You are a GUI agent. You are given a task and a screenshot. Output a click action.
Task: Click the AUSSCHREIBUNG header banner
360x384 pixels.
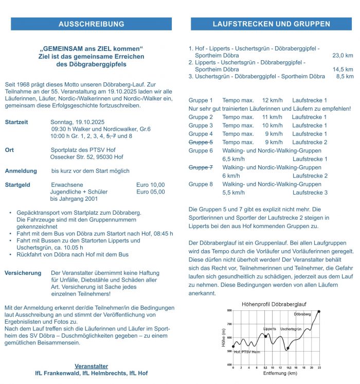pos(91,24)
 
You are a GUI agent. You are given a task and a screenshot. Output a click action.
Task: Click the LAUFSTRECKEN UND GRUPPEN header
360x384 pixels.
pos(271,24)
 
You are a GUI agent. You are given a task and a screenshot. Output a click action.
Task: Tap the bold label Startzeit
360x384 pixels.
pos(16,122)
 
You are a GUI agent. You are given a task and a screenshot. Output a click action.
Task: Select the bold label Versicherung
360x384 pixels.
pos(24,273)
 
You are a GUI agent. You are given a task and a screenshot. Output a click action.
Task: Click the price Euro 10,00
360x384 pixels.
pos(151,185)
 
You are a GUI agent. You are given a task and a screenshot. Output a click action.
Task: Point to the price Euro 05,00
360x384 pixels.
pos(151,192)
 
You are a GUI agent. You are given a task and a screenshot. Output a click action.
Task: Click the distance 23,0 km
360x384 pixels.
pos(343,55)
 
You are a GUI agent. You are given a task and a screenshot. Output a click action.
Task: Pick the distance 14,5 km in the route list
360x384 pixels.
pos(343,69)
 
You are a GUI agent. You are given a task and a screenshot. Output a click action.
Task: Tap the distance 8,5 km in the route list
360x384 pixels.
pos(345,77)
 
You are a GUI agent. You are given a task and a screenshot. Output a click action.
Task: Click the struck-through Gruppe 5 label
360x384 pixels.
pos(201,142)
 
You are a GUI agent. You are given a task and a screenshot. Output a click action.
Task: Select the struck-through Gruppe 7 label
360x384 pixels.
pos(201,167)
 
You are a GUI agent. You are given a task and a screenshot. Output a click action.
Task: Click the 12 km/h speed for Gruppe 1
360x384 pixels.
pos(273,100)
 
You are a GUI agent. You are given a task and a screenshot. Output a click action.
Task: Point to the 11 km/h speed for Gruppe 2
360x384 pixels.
pos(273,117)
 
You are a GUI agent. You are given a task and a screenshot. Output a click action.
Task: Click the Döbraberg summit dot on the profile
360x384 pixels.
pos(319,311)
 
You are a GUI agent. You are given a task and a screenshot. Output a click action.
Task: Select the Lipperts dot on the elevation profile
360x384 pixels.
pos(266,336)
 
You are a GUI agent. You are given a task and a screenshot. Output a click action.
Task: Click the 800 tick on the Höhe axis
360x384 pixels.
pos(229,311)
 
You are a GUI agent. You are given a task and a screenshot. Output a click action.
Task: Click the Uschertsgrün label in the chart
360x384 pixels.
pos(291,329)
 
